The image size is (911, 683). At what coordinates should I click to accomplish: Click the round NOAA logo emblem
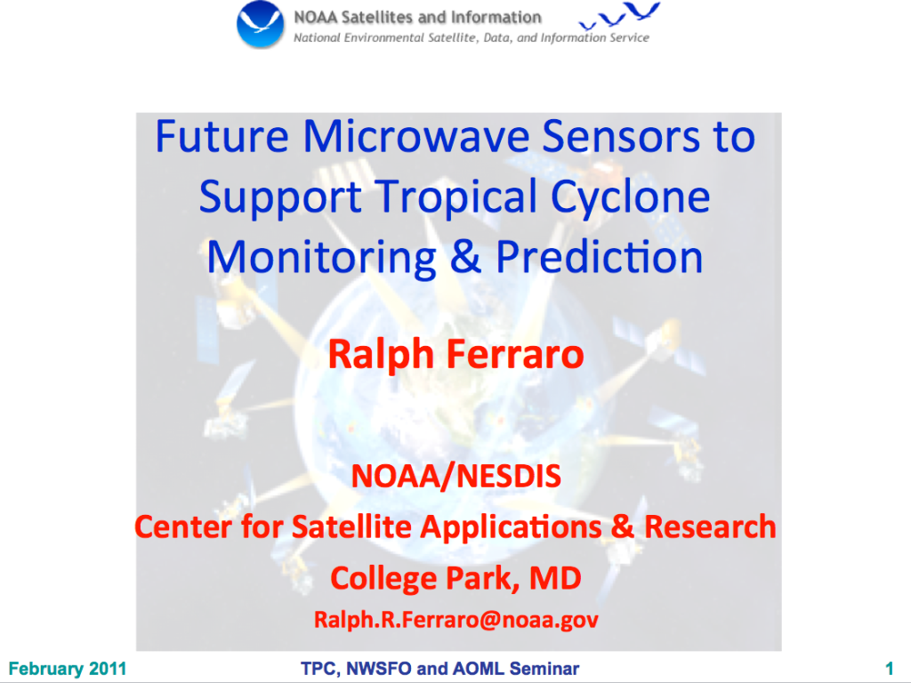pyautogui.click(x=261, y=24)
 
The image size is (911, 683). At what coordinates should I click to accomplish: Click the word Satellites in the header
pyautogui.click(x=377, y=18)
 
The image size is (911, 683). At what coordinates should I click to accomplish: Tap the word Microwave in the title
pyautogui.click(x=416, y=137)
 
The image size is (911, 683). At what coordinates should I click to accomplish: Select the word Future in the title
pyautogui.click(x=222, y=137)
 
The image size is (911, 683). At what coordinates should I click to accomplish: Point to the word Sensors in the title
pyautogui.click(x=621, y=137)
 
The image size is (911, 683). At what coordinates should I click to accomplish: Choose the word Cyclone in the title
pyautogui.click(x=631, y=197)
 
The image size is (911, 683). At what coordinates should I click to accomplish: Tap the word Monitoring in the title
pyautogui.click(x=321, y=257)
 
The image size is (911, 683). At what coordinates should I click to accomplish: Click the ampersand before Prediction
pyautogui.click(x=465, y=257)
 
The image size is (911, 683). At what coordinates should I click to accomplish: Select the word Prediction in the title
pyautogui.click(x=599, y=257)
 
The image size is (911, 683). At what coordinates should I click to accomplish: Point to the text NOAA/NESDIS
pyautogui.click(x=456, y=477)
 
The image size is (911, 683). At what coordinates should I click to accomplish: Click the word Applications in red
pyautogui.click(x=512, y=526)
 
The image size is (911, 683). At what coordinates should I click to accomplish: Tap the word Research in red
pyautogui.click(x=710, y=526)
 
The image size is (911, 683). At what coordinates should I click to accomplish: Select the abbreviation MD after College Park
pyautogui.click(x=555, y=578)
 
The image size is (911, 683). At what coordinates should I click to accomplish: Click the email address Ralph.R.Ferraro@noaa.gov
pyautogui.click(x=456, y=620)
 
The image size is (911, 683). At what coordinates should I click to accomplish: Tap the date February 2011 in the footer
pyautogui.click(x=68, y=669)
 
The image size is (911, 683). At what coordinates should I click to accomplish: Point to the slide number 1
pyautogui.click(x=889, y=668)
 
